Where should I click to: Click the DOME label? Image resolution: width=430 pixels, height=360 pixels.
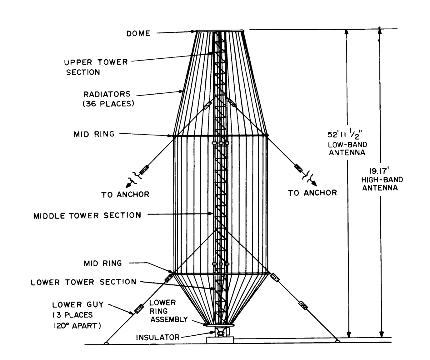click(x=138, y=33)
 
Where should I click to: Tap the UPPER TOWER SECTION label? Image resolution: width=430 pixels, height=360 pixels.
click(x=96, y=67)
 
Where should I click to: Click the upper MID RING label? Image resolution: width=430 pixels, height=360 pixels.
click(x=94, y=134)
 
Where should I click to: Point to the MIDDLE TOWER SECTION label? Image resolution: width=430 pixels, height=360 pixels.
click(x=87, y=215)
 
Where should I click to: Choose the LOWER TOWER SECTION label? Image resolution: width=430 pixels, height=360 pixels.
click(x=83, y=282)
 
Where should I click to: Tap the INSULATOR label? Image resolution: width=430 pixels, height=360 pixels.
click(x=157, y=337)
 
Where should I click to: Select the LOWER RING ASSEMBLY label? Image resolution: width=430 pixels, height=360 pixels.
click(x=168, y=311)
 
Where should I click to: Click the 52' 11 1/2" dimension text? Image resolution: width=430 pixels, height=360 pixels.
click(x=346, y=135)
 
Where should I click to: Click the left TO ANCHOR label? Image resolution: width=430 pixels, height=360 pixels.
click(x=125, y=195)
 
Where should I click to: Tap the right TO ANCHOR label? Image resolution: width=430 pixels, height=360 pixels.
click(x=312, y=193)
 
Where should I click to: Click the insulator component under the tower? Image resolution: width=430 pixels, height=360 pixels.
click(x=221, y=332)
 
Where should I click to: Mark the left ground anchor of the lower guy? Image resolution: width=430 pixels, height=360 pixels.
click(x=106, y=343)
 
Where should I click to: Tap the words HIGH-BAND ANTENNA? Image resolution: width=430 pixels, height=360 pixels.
click(x=382, y=184)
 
